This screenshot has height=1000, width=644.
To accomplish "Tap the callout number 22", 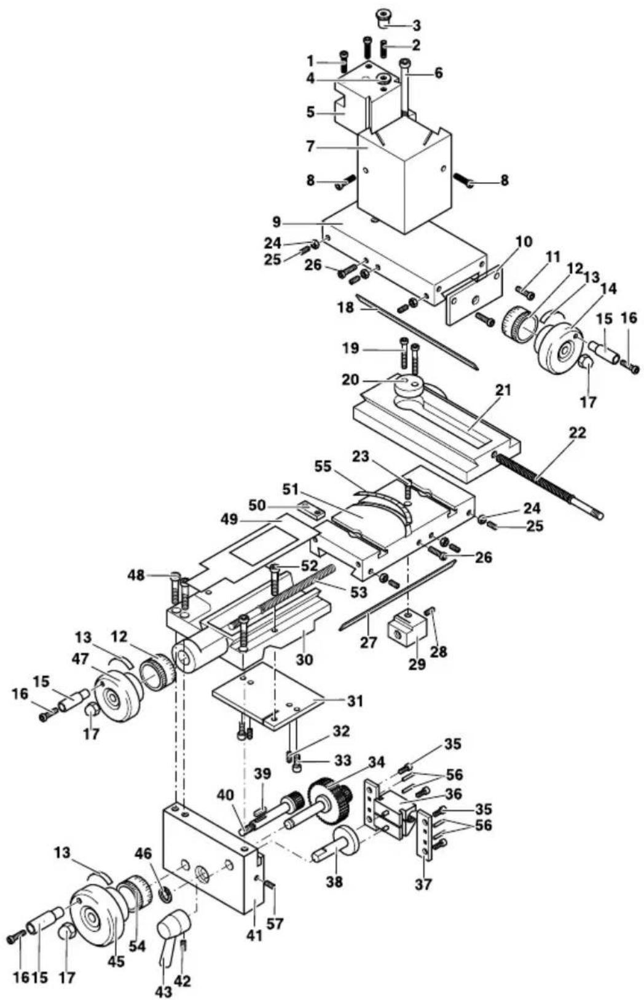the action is (578, 432).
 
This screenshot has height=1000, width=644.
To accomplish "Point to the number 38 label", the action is (334, 881).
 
